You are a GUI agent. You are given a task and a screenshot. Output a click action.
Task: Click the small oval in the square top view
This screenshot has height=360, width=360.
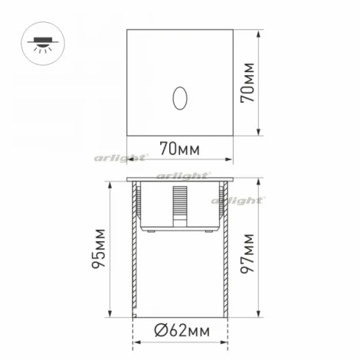coord(180,97)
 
